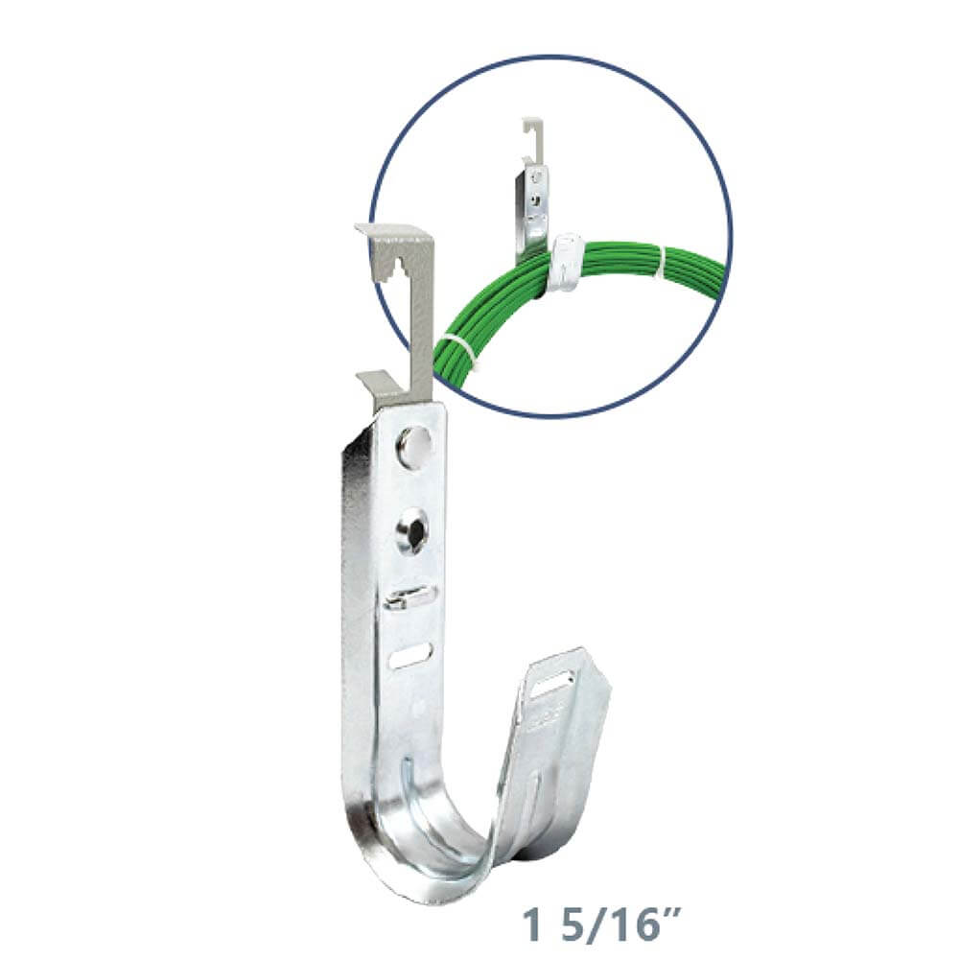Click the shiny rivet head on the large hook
tap(414, 447)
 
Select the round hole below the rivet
tap(412, 531)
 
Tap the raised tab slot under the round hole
tap(410, 598)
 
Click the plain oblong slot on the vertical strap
tap(410, 656)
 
